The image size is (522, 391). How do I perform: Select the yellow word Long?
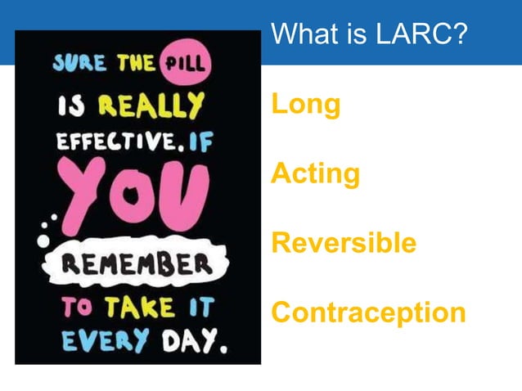305,105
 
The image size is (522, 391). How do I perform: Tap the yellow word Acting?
315,174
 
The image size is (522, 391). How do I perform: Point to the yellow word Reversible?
344,244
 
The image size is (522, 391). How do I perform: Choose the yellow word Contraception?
368,312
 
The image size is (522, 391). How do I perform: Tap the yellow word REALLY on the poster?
151,106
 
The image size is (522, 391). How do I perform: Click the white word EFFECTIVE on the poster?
112,145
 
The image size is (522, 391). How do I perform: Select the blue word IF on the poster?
196,145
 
